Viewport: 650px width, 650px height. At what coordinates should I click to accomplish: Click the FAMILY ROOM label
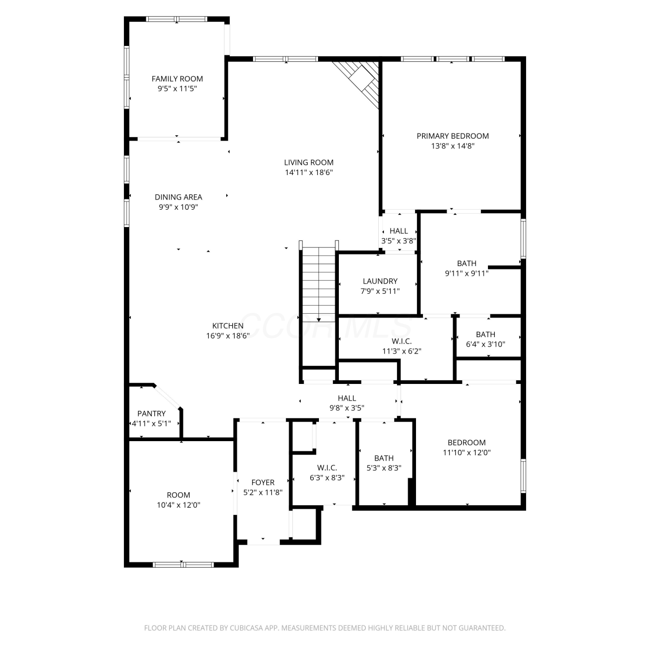click(x=177, y=79)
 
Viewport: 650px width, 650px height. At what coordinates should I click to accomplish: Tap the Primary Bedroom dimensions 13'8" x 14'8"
click(x=453, y=146)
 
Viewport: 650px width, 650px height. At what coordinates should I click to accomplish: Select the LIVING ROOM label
click(x=309, y=162)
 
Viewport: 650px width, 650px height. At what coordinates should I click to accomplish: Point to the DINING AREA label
click(x=179, y=197)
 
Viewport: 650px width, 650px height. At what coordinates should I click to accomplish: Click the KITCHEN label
click(x=228, y=326)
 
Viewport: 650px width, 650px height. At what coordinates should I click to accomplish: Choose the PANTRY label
click(x=152, y=414)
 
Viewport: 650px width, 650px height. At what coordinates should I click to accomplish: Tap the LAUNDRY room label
click(x=380, y=281)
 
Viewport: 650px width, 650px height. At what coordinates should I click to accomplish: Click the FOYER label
click(x=263, y=482)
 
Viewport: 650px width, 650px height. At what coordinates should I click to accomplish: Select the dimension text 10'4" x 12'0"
click(x=179, y=505)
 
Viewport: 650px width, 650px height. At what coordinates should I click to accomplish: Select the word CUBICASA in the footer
click(x=248, y=628)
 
